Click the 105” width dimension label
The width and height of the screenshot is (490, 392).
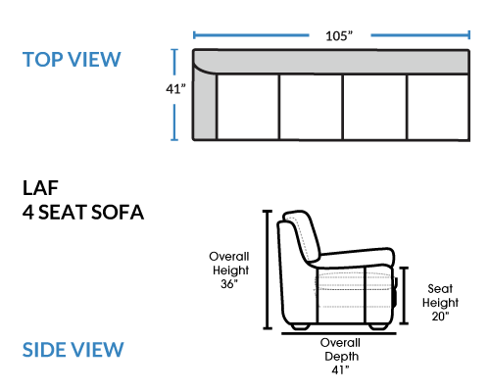point(339,36)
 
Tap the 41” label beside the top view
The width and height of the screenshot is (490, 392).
point(175,89)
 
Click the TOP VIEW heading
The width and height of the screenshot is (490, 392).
point(72,60)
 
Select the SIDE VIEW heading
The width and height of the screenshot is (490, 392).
point(73,350)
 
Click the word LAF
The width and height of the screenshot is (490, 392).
point(40,188)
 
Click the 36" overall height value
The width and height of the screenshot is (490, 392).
point(229,284)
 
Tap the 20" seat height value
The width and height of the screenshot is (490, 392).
point(440,316)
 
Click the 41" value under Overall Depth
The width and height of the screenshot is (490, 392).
point(340,369)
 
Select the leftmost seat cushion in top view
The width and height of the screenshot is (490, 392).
point(248,107)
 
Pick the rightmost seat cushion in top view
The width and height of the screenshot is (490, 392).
point(438,107)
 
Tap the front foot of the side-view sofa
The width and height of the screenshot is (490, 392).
point(379,326)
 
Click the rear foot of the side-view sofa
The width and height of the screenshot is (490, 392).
point(300,326)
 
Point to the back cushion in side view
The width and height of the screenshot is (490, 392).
point(302,236)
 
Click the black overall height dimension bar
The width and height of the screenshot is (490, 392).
point(268,269)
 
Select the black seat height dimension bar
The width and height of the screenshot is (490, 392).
point(405,295)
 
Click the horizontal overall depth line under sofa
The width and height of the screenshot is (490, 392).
point(339,333)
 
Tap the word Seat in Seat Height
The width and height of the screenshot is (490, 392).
point(440,289)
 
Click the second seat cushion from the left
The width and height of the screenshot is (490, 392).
point(311,107)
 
